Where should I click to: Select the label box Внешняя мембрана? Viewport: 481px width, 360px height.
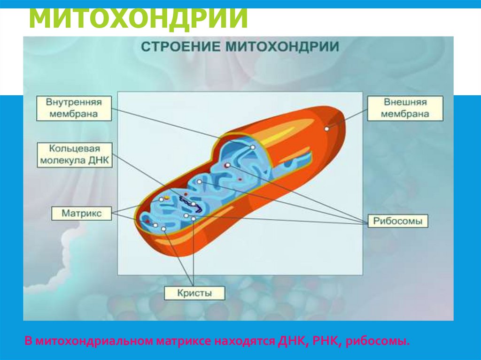click(404, 108)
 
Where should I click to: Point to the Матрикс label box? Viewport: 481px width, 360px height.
click(81, 213)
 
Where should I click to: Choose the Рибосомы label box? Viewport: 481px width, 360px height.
click(397, 221)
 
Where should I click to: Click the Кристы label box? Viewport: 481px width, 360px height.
click(194, 293)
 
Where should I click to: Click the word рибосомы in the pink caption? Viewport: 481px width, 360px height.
click(377, 340)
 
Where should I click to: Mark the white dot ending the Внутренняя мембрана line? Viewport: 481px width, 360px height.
click(252, 147)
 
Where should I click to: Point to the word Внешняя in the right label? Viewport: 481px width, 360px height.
click(404, 102)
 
